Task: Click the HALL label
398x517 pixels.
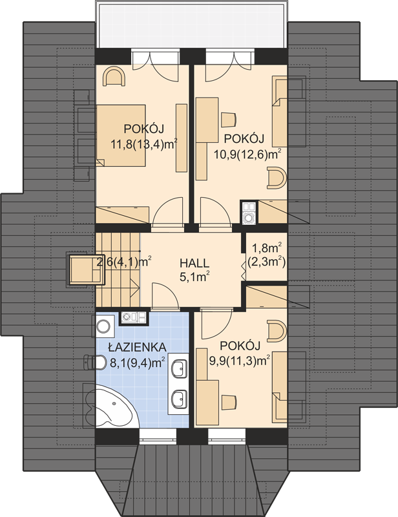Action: [194, 263]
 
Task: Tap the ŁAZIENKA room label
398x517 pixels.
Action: [137, 347]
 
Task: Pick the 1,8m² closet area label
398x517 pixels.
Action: [266, 247]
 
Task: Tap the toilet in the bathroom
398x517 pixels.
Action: [94, 362]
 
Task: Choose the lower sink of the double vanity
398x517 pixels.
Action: [180, 399]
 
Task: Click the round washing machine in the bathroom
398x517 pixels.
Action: [103, 326]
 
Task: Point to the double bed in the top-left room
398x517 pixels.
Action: [121, 136]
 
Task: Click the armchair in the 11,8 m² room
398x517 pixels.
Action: [114, 76]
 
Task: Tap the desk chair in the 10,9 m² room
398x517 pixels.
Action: [229, 120]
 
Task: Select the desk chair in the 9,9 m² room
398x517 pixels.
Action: [229, 402]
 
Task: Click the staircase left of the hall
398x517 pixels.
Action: [118, 269]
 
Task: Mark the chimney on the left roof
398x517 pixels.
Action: [86, 269]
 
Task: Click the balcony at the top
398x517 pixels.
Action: [192, 25]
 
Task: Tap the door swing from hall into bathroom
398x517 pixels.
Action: [165, 296]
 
